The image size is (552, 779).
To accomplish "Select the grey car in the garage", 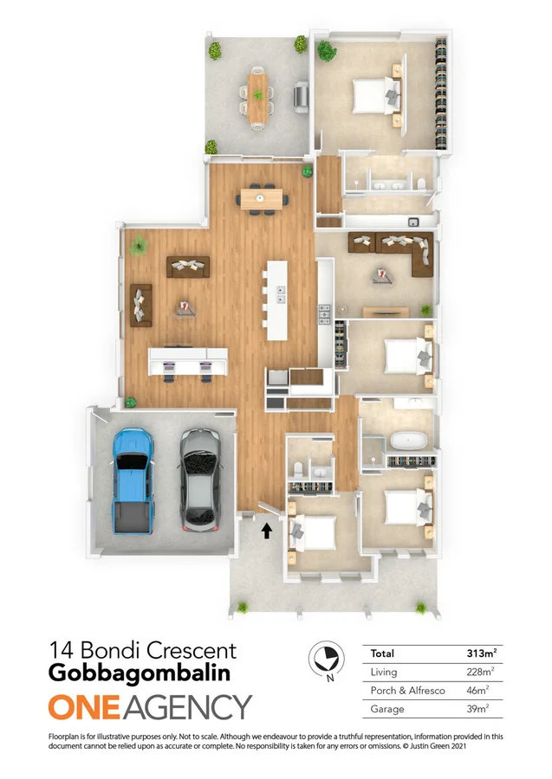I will (198, 480).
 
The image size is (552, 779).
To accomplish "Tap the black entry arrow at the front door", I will (267, 531).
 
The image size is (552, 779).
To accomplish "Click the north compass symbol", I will (326, 662).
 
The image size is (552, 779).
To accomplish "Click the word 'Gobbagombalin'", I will (140, 673).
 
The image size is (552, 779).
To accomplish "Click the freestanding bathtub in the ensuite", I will (410, 441).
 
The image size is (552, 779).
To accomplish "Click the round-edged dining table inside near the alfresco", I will (263, 199).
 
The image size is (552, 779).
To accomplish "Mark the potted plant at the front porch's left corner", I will (242, 607).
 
